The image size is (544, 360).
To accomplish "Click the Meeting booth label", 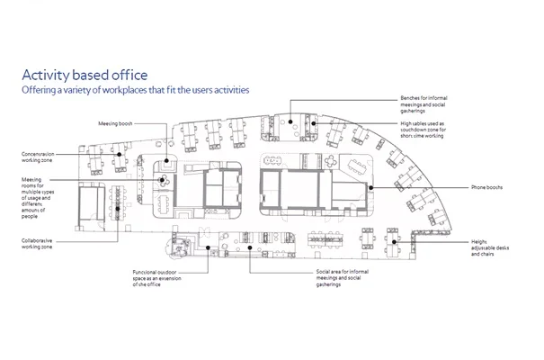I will tap(115, 123).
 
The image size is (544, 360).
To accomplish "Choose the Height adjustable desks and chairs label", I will tap(489, 247).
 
